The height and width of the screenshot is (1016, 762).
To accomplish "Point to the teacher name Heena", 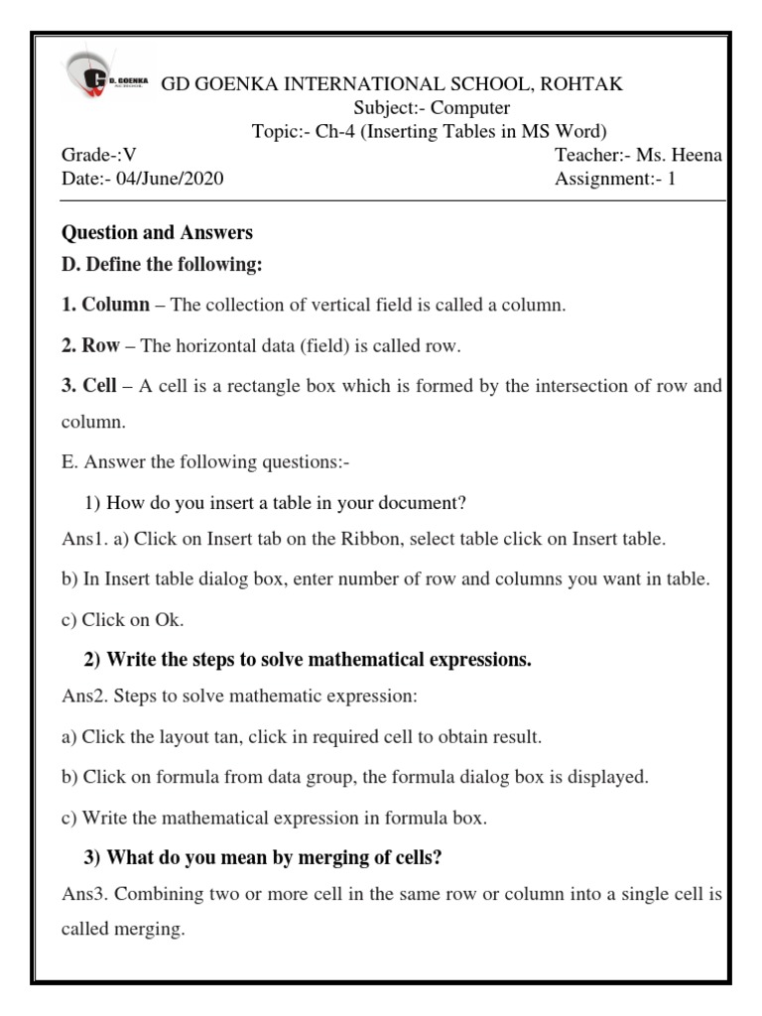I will point(698,156).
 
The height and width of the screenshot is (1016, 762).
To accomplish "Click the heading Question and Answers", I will point(157,233).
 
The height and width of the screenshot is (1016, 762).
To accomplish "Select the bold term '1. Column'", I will point(106,305).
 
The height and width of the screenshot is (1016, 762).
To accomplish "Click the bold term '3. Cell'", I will point(90,387).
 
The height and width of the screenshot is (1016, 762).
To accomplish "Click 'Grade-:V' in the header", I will point(98,156).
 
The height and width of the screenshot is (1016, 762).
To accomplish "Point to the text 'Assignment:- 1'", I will point(614,180).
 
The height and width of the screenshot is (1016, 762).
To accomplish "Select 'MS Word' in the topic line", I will point(570,132).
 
